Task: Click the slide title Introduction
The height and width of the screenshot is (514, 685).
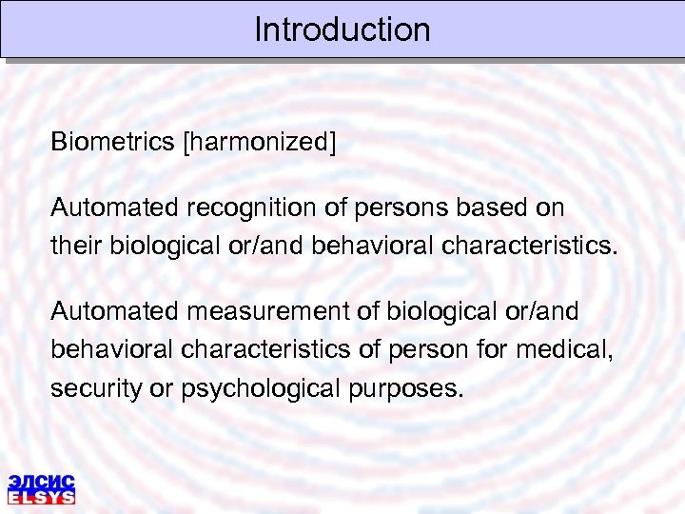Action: point(342,30)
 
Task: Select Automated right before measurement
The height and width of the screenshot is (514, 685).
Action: point(115,311)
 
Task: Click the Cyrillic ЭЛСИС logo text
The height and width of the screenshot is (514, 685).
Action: point(41,481)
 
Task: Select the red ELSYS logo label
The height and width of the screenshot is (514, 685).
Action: point(41,496)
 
